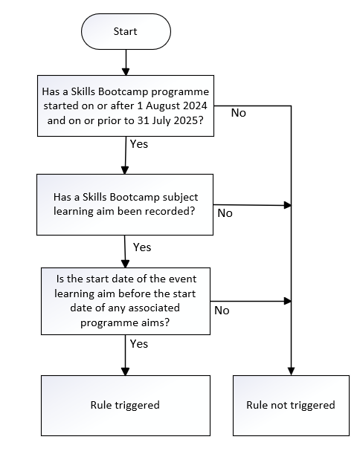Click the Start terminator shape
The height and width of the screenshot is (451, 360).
[126, 31]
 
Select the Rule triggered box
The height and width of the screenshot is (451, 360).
[126, 405]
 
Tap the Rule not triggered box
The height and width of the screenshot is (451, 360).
[291, 405]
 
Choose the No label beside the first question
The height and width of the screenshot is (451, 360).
[239, 113]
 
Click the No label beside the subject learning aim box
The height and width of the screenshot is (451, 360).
[225, 213]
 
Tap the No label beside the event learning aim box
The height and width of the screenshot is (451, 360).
[222, 311]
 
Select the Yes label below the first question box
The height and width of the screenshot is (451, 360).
[139, 144]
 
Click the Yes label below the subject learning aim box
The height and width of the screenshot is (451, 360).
[142, 247]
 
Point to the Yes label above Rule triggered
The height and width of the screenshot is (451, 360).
[139, 344]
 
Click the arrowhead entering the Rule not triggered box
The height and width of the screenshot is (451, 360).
[291, 371]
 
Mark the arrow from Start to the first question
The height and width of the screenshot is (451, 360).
[126, 62]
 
